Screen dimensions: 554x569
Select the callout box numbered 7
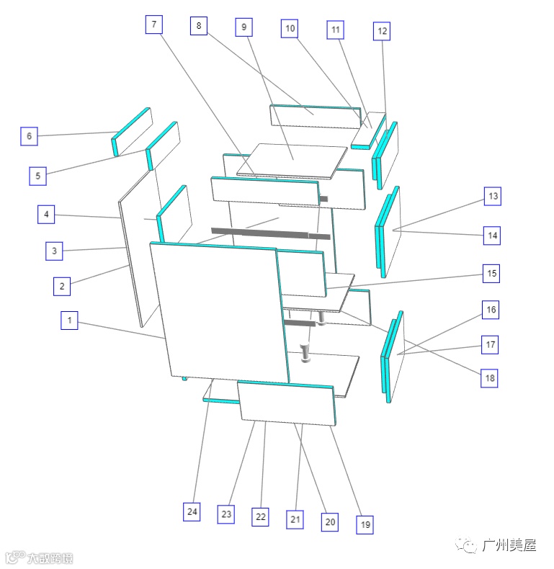click(153, 24)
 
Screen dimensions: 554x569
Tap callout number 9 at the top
click(244, 28)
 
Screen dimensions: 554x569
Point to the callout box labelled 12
click(383, 31)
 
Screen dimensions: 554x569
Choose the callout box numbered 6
click(29, 136)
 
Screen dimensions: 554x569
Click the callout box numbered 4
click(46, 214)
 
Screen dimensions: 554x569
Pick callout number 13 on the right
click(493, 196)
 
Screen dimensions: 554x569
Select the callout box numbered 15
click(492, 274)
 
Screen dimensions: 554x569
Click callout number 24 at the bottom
click(192, 512)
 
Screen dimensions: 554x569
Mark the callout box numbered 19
click(365, 525)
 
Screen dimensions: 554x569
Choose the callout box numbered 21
click(294, 519)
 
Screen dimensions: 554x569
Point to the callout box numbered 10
click(290, 29)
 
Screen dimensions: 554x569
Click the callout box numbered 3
click(54, 251)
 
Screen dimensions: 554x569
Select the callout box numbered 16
click(491, 310)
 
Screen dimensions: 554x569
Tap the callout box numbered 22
click(261, 516)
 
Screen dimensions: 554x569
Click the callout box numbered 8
click(199, 27)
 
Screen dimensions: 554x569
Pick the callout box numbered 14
click(492, 235)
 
